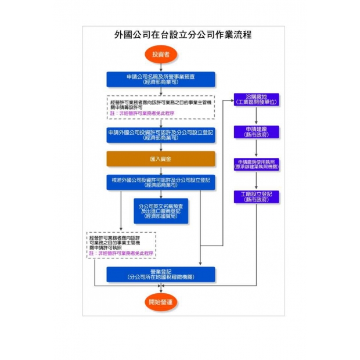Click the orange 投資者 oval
tap(161, 55)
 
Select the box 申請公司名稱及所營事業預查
tap(161, 80)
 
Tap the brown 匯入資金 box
tap(161, 159)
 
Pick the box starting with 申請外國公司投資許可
tap(161, 135)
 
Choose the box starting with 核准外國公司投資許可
tap(161, 182)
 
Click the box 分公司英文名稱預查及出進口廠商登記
tap(161, 210)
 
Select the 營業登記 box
tap(161, 274)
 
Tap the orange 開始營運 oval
tap(161, 302)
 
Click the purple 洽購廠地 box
tap(256, 99)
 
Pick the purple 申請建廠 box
tap(256, 132)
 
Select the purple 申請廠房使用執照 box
tap(256, 164)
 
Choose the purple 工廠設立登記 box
tap(256, 196)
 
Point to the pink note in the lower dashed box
tap(122, 254)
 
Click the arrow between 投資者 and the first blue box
tap(161, 67)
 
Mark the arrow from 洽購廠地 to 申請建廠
tap(256, 116)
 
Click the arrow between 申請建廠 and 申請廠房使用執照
tap(256, 147)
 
